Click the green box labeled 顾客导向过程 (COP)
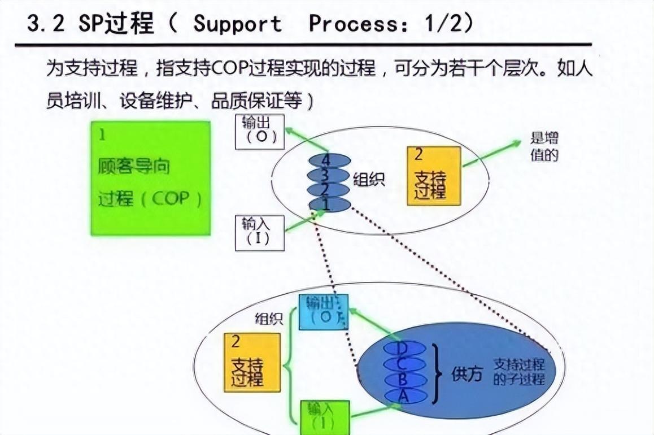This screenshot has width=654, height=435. [151, 179]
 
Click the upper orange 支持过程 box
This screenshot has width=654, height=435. [433, 176]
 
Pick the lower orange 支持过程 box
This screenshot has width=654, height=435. [252, 362]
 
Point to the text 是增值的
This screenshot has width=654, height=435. [544, 146]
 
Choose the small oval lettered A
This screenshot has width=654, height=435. [404, 396]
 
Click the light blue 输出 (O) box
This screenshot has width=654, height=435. [324, 312]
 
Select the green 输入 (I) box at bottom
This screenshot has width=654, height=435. [324, 415]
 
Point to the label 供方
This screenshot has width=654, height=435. [467, 373]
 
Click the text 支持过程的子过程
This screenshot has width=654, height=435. [518, 371]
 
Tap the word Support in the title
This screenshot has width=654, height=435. [237, 24]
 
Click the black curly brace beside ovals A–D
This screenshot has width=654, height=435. [436, 373]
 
